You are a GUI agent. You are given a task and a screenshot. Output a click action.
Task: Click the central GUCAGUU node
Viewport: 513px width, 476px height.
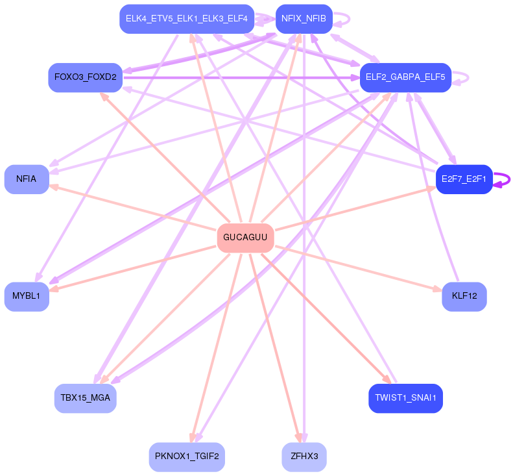pyautogui.click(x=245, y=238)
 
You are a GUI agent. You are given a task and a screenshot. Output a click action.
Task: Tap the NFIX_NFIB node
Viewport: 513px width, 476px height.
pyautogui.click(x=304, y=19)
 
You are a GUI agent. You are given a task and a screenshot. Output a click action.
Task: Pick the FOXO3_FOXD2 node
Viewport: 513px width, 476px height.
pyautogui.click(x=86, y=77)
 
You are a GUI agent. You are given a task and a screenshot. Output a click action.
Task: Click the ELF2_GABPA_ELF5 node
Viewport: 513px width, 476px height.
pyautogui.click(x=405, y=77)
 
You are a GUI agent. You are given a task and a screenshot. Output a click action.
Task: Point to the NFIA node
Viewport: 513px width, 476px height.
pyautogui.click(x=27, y=179)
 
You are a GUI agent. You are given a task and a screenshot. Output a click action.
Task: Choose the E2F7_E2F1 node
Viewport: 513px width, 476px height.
pyautogui.click(x=464, y=179)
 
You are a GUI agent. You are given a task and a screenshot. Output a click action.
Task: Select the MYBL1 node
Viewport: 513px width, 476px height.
pyautogui.click(x=27, y=297)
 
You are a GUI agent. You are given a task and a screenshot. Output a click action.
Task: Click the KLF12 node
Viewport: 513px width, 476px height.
pyautogui.click(x=464, y=297)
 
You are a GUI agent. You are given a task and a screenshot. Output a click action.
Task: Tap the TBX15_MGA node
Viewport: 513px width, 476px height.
pyautogui.click(x=86, y=397)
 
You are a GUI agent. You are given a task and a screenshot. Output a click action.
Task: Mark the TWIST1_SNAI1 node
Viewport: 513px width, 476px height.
pyautogui.click(x=405, y=397)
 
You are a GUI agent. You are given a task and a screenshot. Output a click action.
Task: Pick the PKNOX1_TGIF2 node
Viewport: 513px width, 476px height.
pyautogui.click(x=187, y=457)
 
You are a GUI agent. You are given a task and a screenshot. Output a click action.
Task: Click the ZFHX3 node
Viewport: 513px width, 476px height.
pyautogui.click(x=304, y=457)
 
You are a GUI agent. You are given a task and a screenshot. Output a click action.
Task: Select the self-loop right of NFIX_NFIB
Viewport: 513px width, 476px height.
pyautogui.click(x=344, y=19)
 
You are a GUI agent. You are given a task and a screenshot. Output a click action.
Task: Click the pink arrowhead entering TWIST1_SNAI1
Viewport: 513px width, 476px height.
pyautogui.click(x=387, y=380)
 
